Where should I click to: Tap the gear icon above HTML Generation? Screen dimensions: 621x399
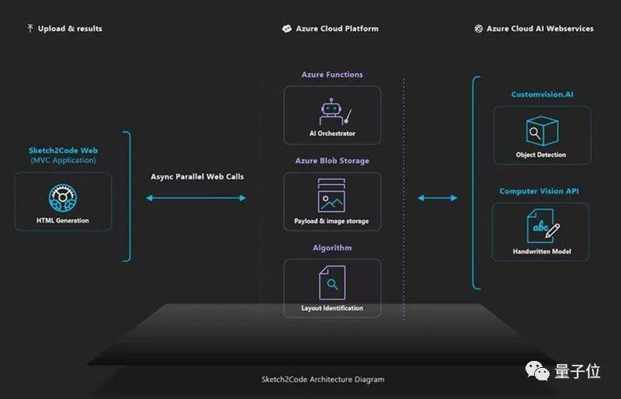[x=63, y=198]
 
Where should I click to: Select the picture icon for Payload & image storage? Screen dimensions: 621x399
[x=331, y=196]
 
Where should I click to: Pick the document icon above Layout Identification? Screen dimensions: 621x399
[x=332, y=283]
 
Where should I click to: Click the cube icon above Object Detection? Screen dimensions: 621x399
[x=542, y=130]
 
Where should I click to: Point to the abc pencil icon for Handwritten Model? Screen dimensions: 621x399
[x=543, y=226]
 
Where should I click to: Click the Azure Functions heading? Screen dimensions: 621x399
[x=332, y=75]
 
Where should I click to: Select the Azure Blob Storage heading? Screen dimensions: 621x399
[x=332, y=161]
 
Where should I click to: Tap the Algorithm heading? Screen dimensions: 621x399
[x=332, y=248]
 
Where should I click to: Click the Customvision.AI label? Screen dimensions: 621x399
[x=542, y=94]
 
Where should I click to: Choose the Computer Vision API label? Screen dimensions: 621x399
[x=539, y=191]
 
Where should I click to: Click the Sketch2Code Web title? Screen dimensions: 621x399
[x=64, y=150]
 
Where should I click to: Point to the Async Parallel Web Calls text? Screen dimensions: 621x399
[x=197, y=176]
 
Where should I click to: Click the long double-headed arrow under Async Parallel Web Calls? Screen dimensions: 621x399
[x=196, y=198]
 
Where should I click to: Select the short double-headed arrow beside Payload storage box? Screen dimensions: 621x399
[x=438, y=198]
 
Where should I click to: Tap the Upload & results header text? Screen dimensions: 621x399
[x=70, y=29]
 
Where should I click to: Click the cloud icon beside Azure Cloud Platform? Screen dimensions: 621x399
[x=286, y=29]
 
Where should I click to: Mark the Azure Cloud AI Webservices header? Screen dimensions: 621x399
[x=539, y=29]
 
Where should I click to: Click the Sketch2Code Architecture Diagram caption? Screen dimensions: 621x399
[x=323, y=379]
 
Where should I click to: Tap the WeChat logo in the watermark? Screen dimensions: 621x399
[x=537, y=371]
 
